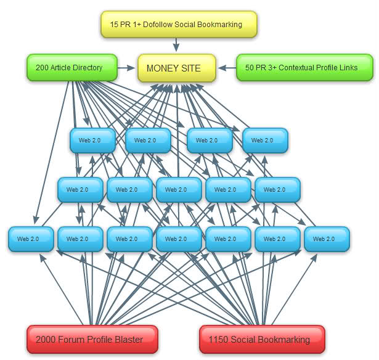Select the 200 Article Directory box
73,67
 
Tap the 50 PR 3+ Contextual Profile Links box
305,67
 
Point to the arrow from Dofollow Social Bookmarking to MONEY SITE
177,45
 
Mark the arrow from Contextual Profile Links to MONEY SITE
227,67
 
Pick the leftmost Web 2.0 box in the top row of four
92,141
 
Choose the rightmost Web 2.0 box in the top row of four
265,141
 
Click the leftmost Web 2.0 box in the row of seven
31,239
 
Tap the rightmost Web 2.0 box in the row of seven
327,239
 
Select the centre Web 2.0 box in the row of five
179,190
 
